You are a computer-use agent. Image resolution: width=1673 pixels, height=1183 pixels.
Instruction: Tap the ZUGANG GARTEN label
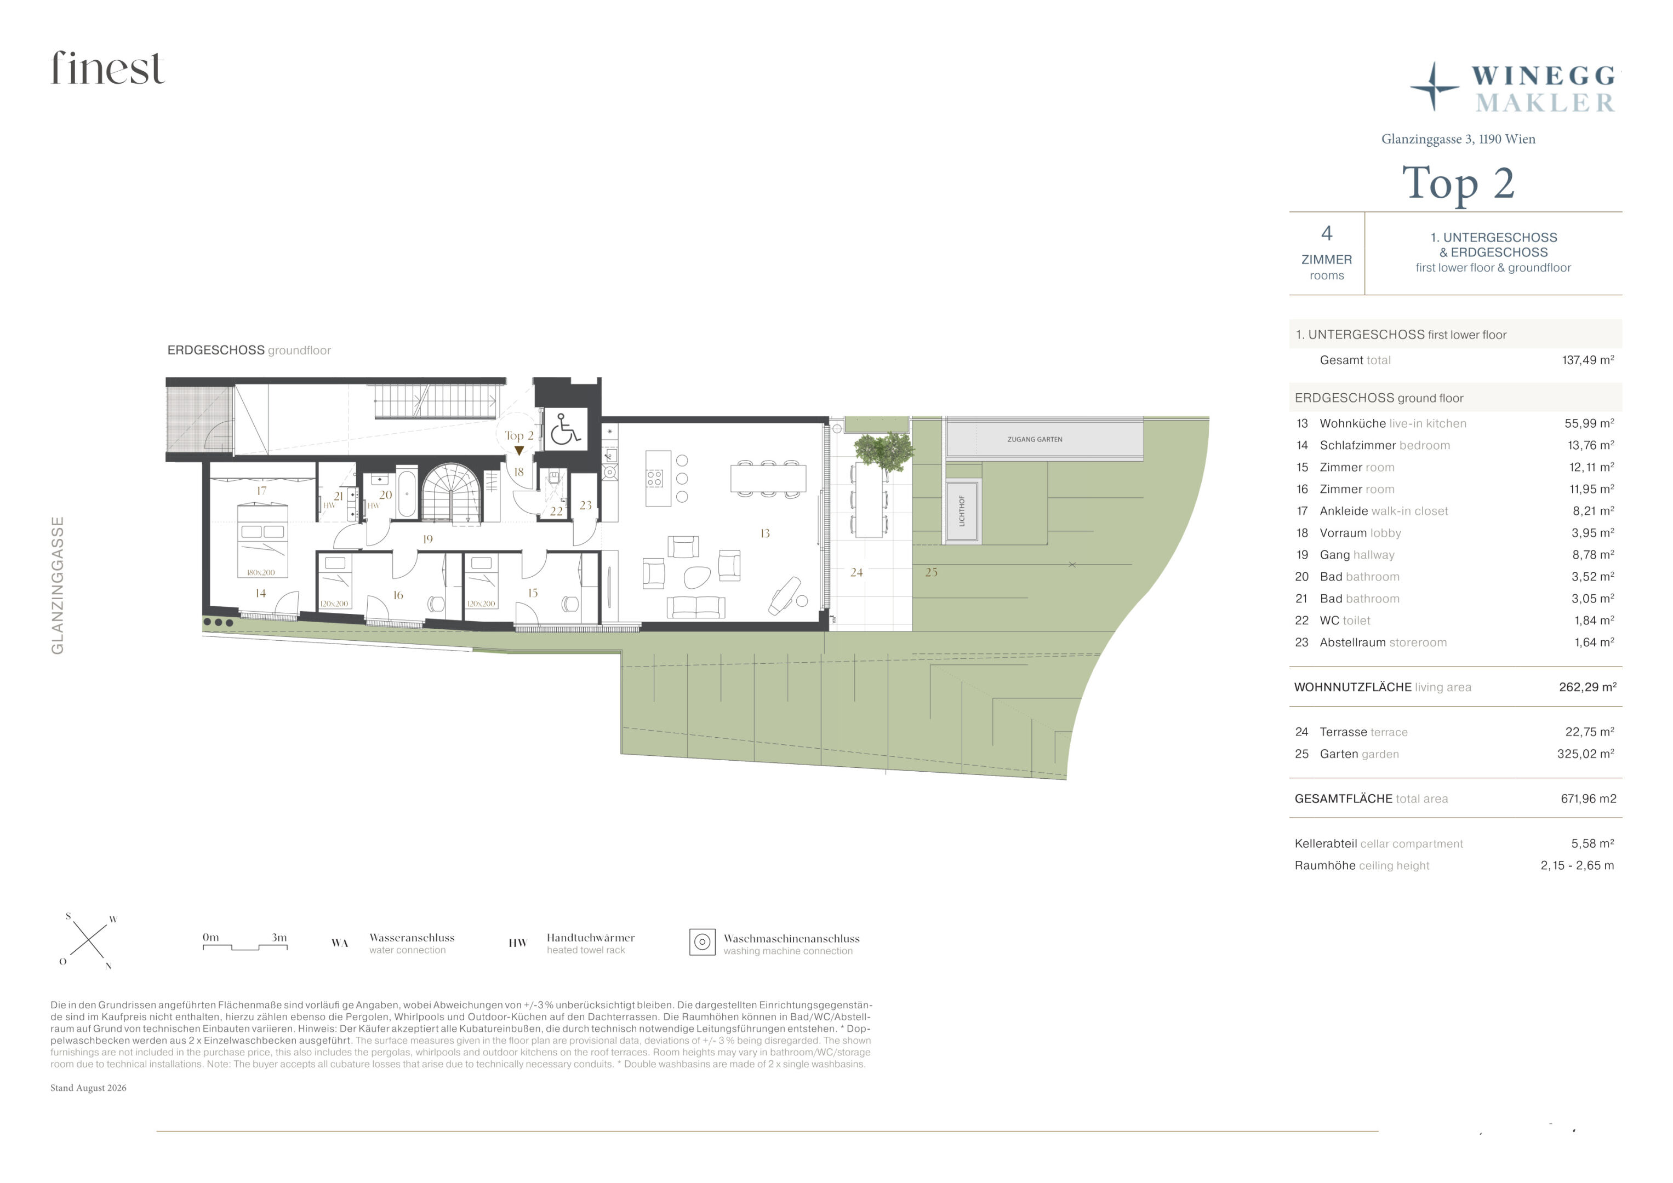point(1034,439)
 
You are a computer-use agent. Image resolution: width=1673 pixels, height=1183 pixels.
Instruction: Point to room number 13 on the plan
point(764,533)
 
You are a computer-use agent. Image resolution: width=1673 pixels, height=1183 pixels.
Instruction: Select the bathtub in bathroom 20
point(407,495)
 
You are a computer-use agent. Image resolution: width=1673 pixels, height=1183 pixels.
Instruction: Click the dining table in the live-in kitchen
point(768,479)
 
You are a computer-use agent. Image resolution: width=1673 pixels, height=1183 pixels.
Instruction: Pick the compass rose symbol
point(88,940)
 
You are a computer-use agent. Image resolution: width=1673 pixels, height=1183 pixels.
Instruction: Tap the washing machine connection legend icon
point(702,942)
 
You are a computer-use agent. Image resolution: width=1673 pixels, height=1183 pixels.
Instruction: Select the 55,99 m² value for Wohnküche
point(1589,423)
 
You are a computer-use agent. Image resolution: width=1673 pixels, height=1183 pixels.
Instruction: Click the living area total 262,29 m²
point(1587,687)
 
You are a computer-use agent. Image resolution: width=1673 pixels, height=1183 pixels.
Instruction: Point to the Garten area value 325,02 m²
point(1585,754)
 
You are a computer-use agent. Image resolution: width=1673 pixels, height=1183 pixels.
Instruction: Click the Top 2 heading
point(1458,183)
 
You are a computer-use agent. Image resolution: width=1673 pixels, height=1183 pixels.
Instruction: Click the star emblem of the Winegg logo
point(1434,87)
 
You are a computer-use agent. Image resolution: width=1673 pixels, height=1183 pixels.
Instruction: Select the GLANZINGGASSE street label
point(58,585)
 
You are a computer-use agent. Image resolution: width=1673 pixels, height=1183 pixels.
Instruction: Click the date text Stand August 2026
point(88,1088)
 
